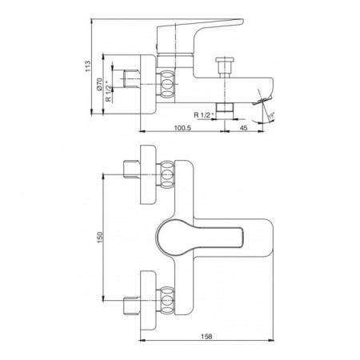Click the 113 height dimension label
click(88, 66)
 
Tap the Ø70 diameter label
click(99, 84)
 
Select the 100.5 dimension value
click(182, 128)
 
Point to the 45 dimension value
click(244, 128)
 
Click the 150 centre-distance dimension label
click(100, 237)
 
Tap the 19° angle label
click(271, 116)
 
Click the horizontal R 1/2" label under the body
click(204, 115)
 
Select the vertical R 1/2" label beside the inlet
click(108, 91)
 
